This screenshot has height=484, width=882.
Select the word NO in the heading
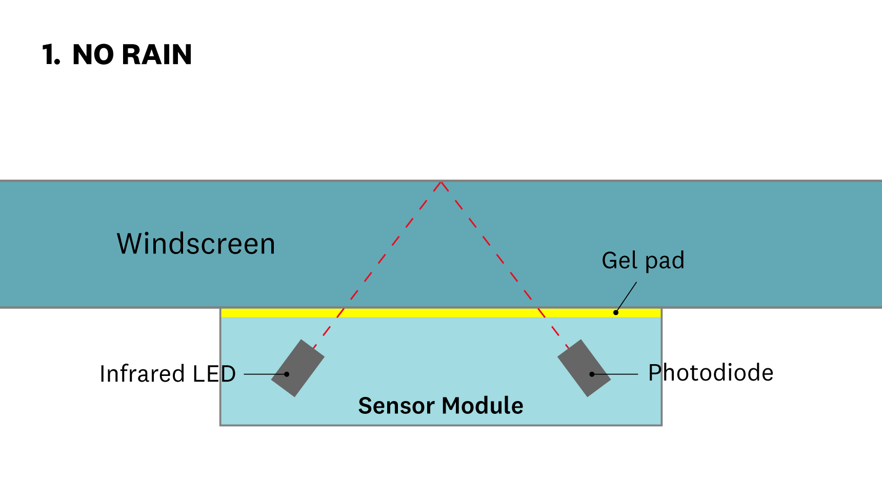pyautogui.click(x=93, y=55)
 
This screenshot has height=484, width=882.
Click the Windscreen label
pyautogui.click(x=196, y=244)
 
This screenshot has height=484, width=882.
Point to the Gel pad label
pyautogui.click(x=643, y=261)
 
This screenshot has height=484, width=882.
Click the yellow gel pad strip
pyautogui.click(x=441, y=313)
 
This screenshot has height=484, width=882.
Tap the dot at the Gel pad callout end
pyautogui.click(x=616, y=312)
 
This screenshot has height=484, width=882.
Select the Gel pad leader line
pyautogui.click(x=627, y=297)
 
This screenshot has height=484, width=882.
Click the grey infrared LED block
pyautogui.click(x=298, y=368)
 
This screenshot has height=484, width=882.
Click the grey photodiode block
pyautogui.click(x=584, y=368)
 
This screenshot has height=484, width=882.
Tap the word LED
pyautogui.click(x=214, y=374)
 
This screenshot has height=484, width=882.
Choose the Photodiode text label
pyautogui.click(x=711, y=373)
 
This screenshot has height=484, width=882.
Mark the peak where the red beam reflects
pyautogui.click(x=441, y=182)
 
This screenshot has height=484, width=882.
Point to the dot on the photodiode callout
pyautogui.click(x=592, y=374)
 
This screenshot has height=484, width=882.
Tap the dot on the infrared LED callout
pyautogui.click(x=287, y=374)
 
